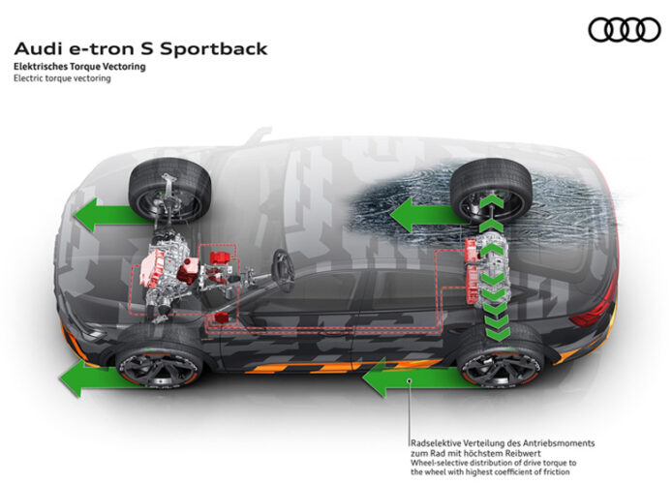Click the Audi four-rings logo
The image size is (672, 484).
tap(625, 30)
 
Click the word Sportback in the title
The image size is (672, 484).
tap(214, 49)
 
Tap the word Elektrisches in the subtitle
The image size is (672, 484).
tap(39, 67)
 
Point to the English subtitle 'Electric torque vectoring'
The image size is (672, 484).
tap(62, 78)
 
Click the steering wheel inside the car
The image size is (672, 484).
tap(284, 271)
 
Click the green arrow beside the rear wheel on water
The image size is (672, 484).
tap(429, 215)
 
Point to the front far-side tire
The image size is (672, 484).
tap(169, 189)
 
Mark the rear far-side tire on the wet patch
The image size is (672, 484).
tap(491, 190)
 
